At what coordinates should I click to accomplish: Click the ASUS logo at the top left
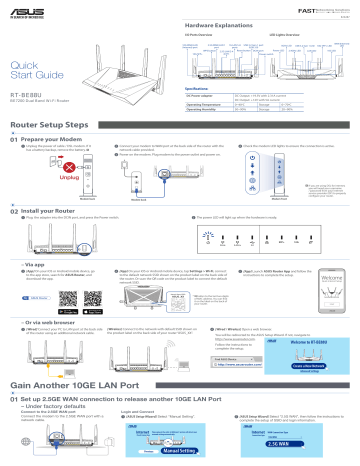23,8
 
